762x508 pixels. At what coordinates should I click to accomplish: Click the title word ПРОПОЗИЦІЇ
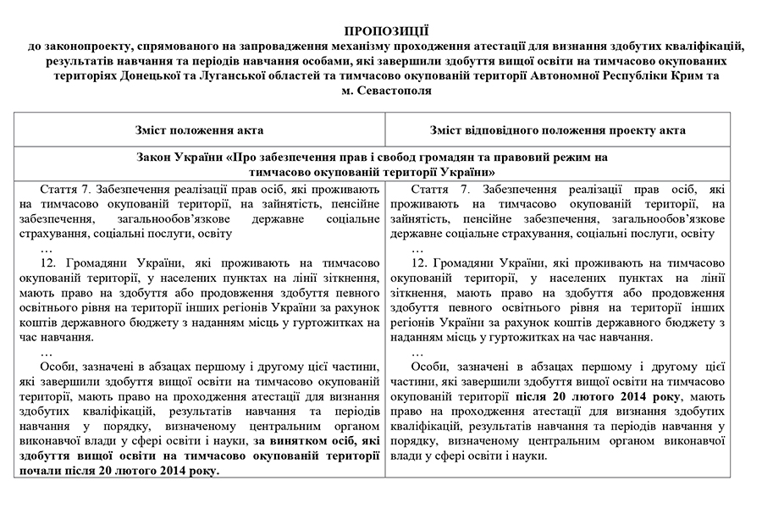tap(381, 30)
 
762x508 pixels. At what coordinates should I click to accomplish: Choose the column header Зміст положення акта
tap(199, 130)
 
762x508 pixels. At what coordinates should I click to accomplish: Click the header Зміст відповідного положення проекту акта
tap(568, 130)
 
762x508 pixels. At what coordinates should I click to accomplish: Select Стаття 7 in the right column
tap(440, 189)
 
